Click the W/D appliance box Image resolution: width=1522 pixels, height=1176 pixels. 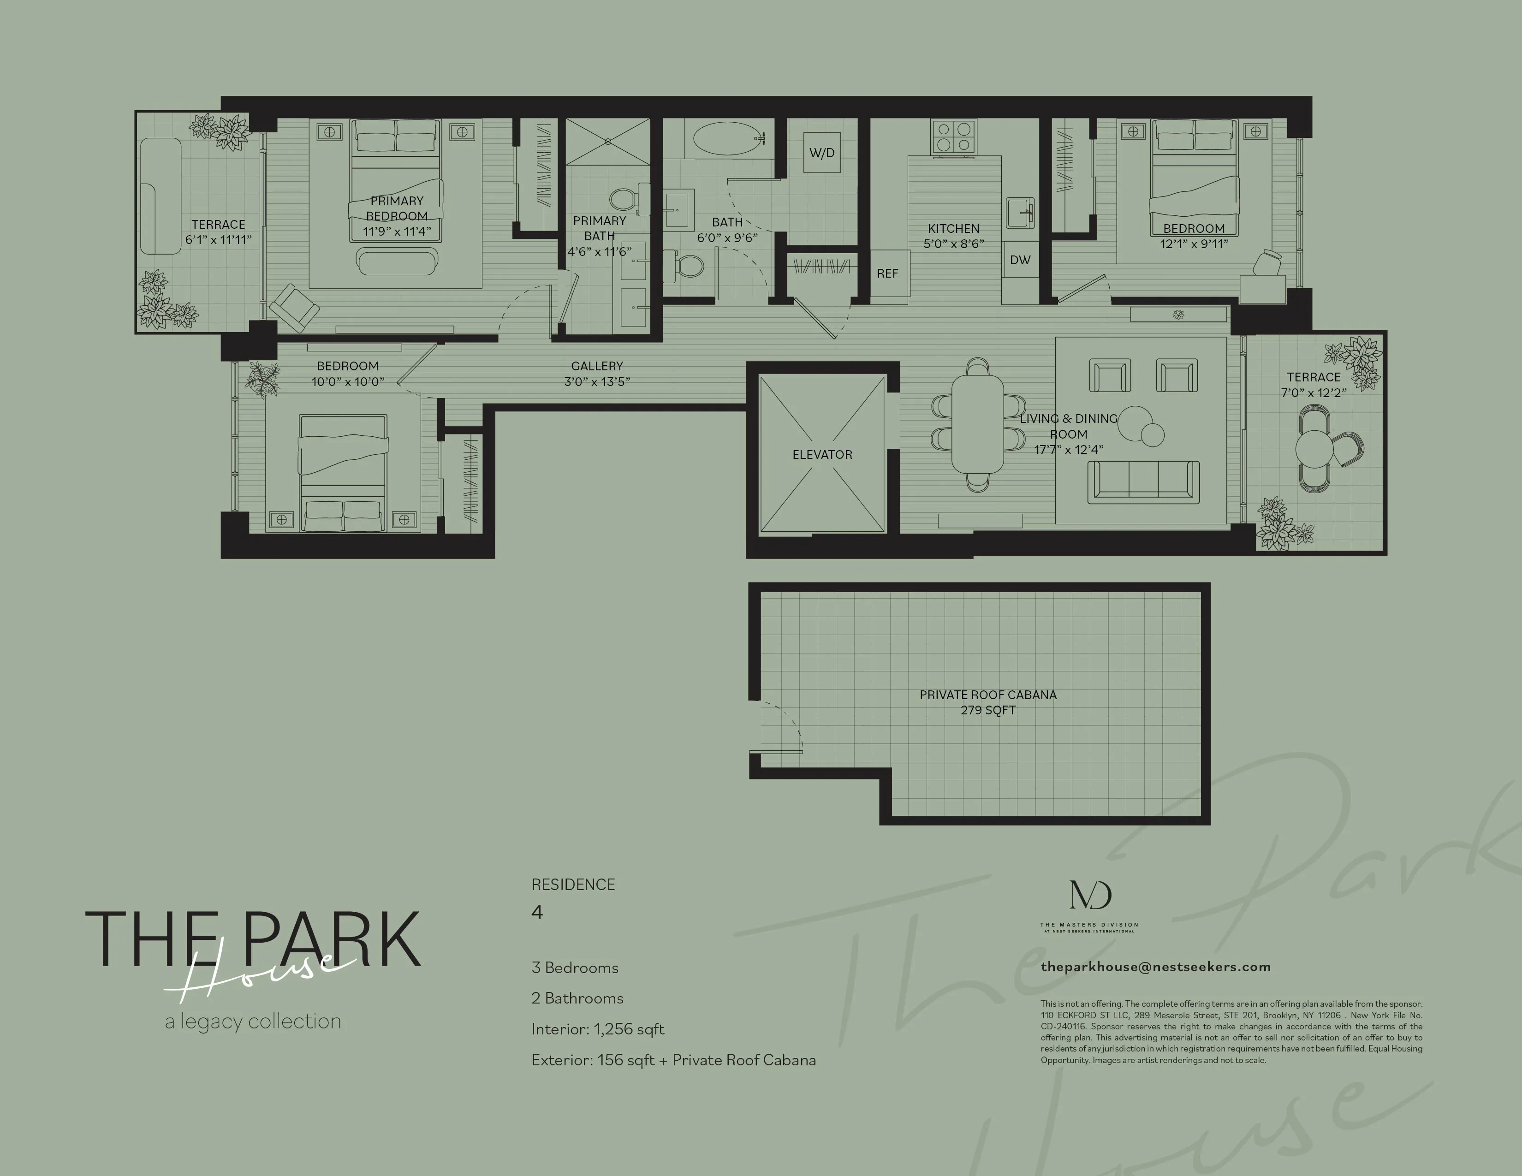coord(821,153)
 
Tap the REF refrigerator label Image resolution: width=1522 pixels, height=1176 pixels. coord(887,274)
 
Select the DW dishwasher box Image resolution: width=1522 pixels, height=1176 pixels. coord(1020,260)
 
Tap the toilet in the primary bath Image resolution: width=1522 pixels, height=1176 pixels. coord(623,199)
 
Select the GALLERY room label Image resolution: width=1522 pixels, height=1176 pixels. coord(596,366)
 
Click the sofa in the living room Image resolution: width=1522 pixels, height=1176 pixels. coord(1144,482)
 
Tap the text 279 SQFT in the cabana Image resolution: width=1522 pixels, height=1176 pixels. coord(987,710)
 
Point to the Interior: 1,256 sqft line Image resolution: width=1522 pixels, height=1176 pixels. coord(597,1029)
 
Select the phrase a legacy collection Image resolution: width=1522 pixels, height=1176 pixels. coord(253,1022)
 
